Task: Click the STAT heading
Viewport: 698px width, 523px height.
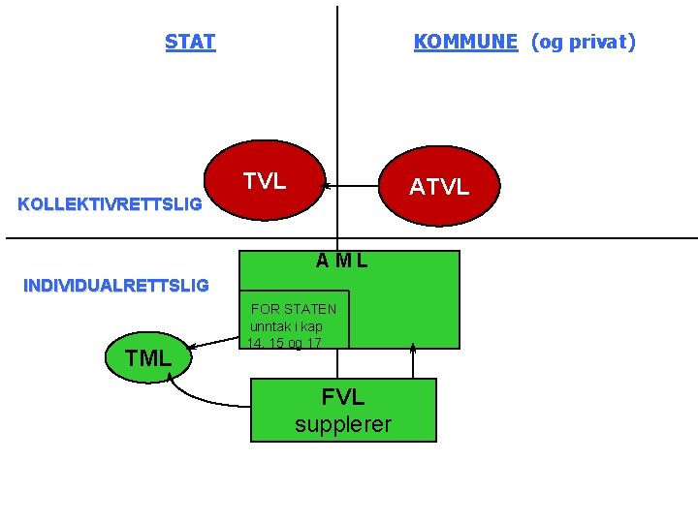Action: (x=190, y=42)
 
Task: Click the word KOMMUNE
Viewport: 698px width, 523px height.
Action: (x=465, y=42)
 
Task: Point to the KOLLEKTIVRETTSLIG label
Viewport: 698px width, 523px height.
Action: (x=111, y=204)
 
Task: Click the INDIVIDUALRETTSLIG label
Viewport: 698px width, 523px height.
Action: (x=115, y=286)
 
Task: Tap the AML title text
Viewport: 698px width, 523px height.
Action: (x=341, y=261)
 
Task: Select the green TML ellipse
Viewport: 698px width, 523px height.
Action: (x=148, y=358)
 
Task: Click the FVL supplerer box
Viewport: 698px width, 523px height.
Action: (x=343, y=410)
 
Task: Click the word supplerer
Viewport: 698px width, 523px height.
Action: (x=343, y=424)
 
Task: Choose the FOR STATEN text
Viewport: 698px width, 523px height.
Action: (x=294, y=309)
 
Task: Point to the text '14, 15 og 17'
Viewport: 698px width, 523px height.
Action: (x=284, y=343)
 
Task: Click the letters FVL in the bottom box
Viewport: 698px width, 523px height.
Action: (x=343, y=397)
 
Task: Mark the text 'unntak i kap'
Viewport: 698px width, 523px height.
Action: (x=286, y=326)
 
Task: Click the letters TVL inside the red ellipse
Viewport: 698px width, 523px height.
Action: (x=264, y=181)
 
